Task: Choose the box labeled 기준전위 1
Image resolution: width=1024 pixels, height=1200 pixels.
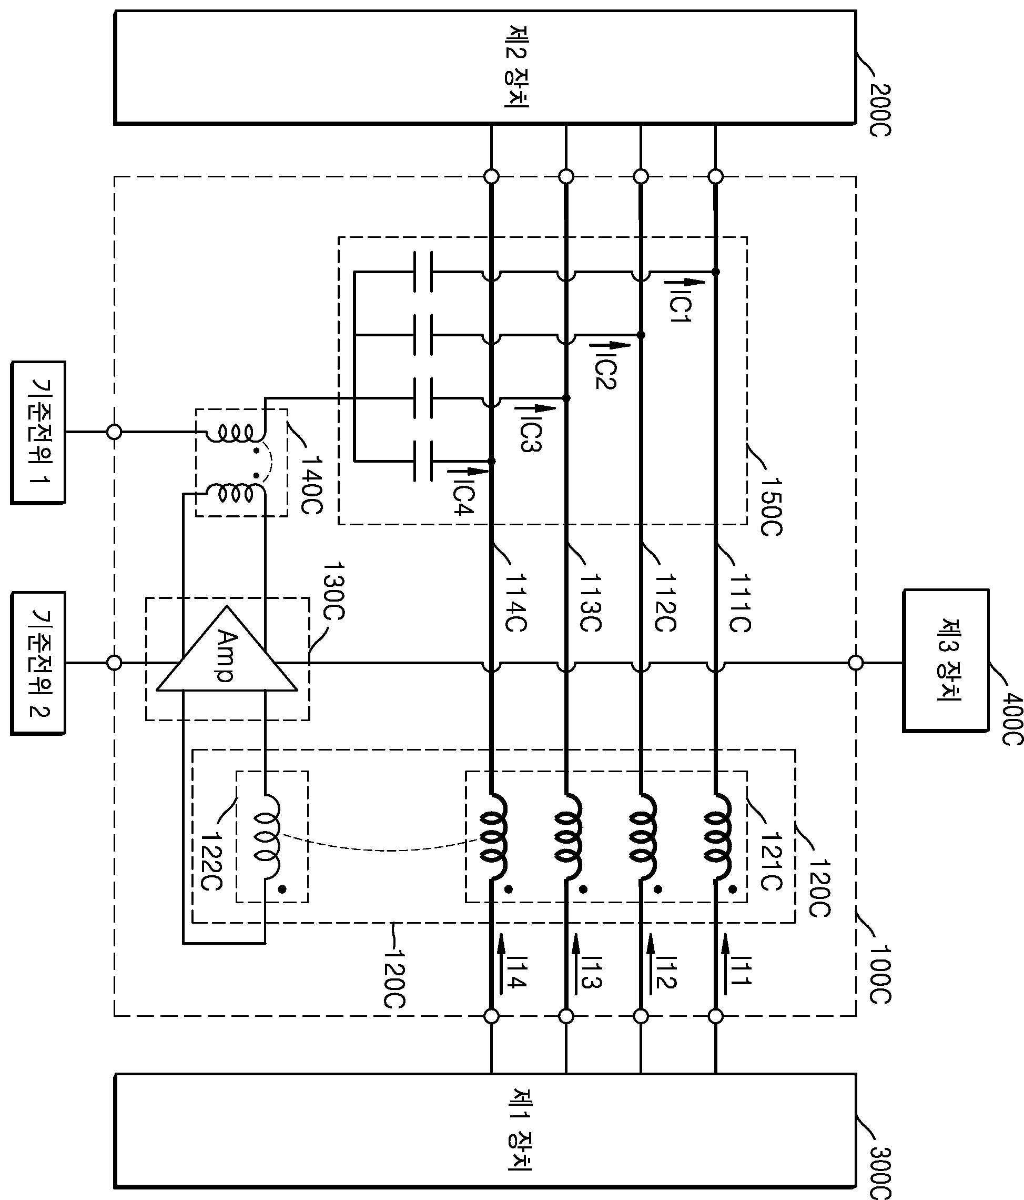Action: [x=38, y=433]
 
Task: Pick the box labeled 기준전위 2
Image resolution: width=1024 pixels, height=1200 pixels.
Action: [x=38, y=663]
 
